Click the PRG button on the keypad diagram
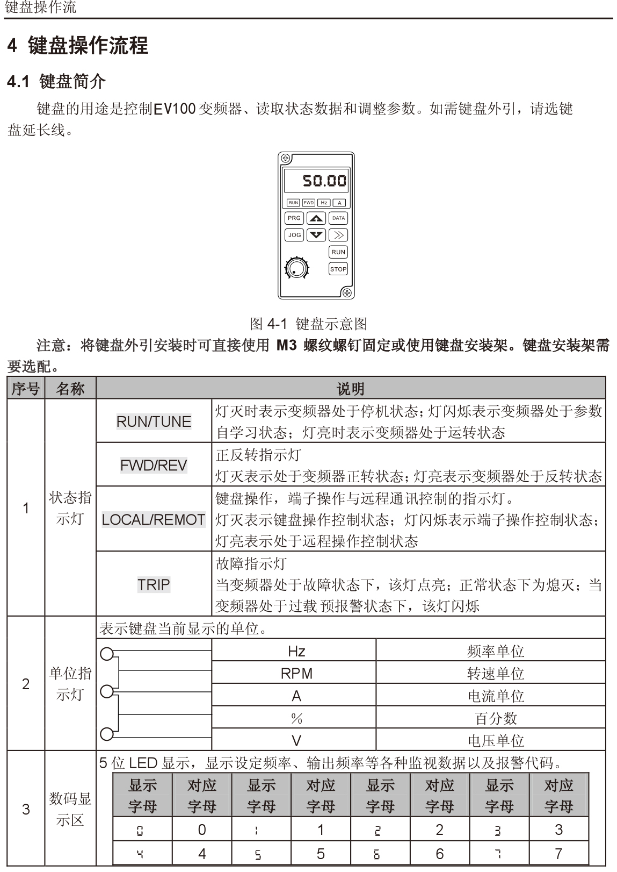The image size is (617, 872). coord(294,218)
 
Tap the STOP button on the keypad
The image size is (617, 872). coord(338,269)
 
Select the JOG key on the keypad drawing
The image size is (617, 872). coord(294,235)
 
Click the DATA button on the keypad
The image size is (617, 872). coord(338,218)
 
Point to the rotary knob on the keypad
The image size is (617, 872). coord(296,268)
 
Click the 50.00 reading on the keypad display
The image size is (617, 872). coord(324,180)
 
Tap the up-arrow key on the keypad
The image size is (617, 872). coord(316,218)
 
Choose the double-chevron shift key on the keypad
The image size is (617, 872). coord(338,235)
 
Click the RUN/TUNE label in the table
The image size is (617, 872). coord(154,421)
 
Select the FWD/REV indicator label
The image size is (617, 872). coord(154,465)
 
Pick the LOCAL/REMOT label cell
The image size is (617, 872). coord(154,519)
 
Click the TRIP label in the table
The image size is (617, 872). coord(154,584)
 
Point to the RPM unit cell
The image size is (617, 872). coord(296,674)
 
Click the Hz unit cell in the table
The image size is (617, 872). coord(296,652)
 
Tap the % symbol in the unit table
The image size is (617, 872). coord(296,718)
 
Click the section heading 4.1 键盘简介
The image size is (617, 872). coord(56,82)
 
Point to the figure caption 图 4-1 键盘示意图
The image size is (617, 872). coord(309,324)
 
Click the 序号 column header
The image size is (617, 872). coord(26,389)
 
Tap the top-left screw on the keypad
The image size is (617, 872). coord(286,159)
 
